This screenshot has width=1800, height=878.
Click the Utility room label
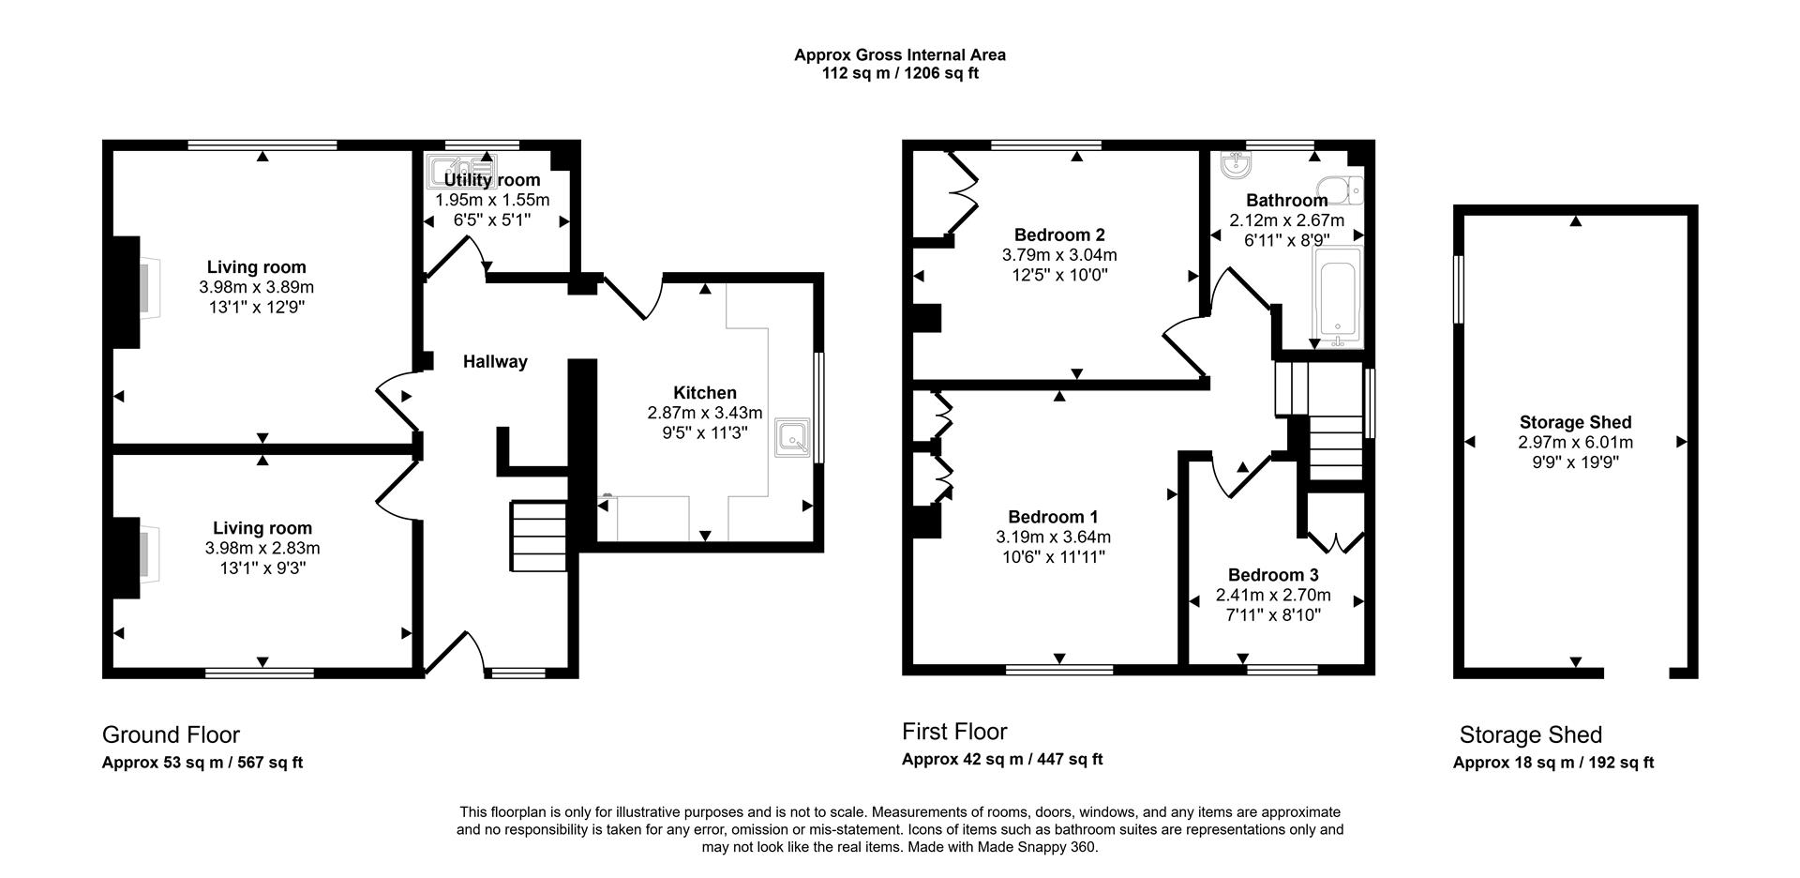[x=491, y=180]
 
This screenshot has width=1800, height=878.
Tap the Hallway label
[x=495, y=362]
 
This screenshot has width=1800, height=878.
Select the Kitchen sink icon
[x=793, y=438]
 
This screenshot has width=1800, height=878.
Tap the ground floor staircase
[x=539, y=536]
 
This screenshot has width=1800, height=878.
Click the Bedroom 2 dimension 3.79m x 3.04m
[x=1059, y=255]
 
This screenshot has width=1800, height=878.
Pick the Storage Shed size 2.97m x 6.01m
[x=1575, y=443]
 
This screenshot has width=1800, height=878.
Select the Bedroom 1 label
[x=1053, y=517]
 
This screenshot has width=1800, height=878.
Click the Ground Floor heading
[x=171, y=734]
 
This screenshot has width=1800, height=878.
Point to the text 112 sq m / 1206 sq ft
[x=900, y=73]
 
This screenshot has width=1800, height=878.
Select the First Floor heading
[x=954, y=732]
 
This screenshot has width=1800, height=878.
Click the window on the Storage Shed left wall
[x=1459, y=290]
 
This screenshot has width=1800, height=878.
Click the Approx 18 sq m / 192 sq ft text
[x=1552, y=763]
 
